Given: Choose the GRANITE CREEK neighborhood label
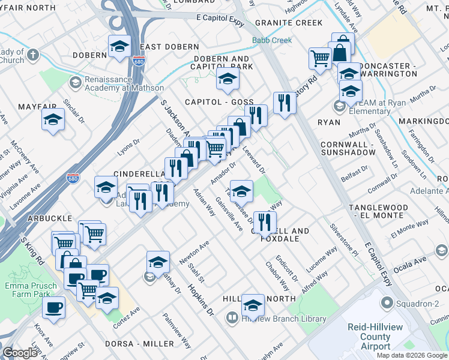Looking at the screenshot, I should pos(288,23).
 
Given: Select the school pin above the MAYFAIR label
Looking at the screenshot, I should pos(53,119).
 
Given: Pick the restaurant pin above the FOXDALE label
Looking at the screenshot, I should pos(264,221).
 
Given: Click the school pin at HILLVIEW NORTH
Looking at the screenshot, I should pos(253,305).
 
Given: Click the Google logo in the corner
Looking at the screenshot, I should pos(20,353).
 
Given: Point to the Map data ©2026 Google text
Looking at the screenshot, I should pos(412,355).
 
